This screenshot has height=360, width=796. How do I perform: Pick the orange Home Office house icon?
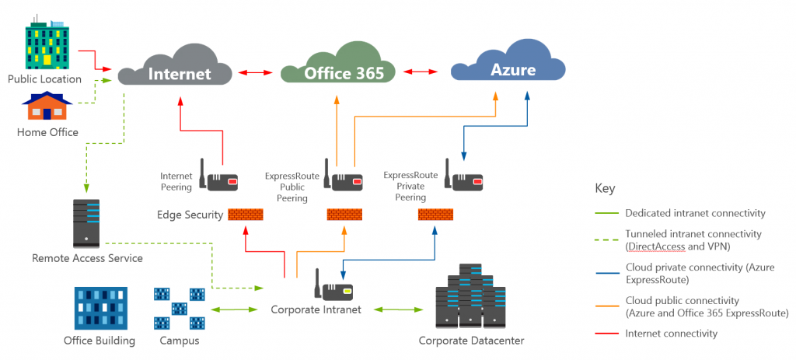47,106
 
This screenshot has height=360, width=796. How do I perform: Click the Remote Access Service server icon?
86,223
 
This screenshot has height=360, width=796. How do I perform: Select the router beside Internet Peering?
219,175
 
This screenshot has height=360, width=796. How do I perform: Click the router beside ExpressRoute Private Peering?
465,175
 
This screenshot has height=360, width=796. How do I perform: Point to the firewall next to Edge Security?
245,215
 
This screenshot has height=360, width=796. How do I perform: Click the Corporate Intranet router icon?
333,285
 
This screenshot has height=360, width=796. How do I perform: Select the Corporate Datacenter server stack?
471,296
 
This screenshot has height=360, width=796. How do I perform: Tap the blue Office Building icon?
100,308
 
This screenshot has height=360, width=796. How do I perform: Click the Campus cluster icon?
180,309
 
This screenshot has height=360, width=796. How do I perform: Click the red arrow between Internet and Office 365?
257,72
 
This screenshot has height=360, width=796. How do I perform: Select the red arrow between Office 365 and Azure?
421,72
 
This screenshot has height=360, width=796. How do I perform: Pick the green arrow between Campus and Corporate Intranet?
234,309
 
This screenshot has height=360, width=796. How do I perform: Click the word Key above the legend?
605,189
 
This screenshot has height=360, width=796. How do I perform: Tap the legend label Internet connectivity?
672,334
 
